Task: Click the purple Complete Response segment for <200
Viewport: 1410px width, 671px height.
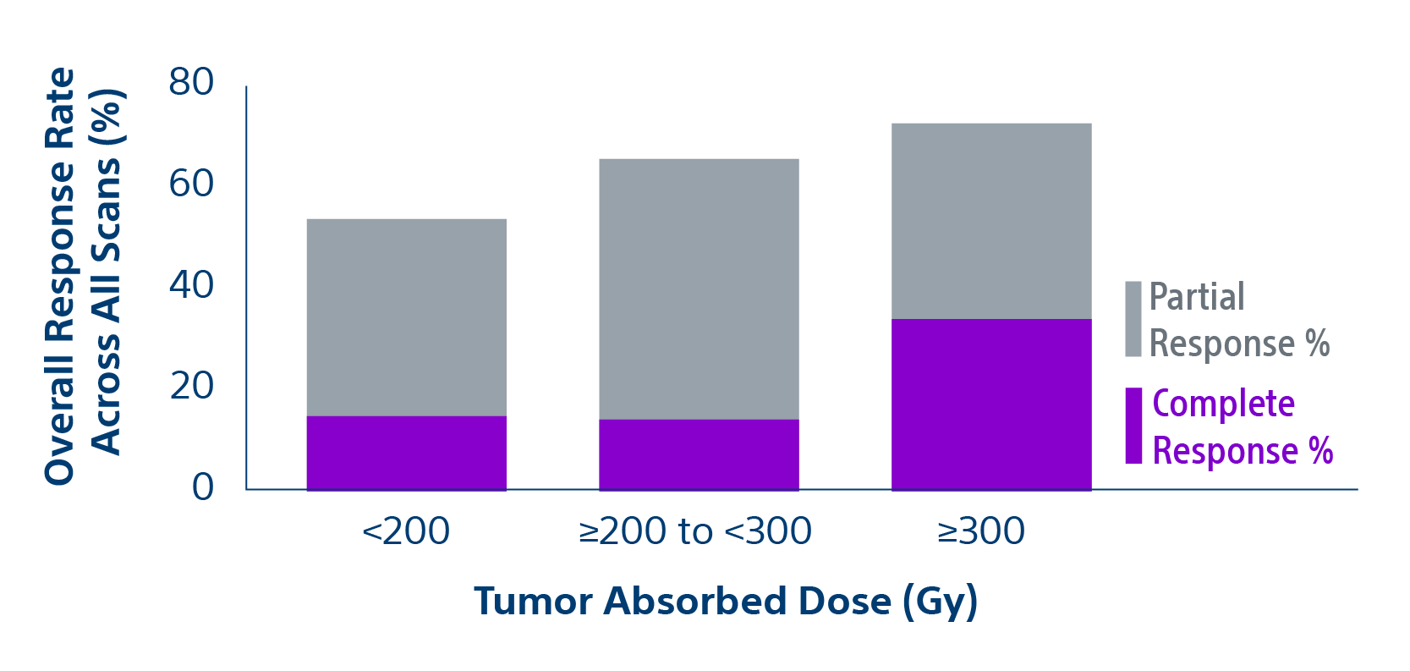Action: (x=406, y=453)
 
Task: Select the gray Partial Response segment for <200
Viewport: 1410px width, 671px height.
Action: (x=406, y=317)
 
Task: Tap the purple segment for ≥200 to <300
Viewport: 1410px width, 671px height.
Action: (x=699, y=454)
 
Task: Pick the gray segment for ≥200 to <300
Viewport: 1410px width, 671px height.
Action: (x=699, y=289)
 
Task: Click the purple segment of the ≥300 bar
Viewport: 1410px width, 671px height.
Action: (x=991, y=404)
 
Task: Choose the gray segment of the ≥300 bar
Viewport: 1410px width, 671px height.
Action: (x=991, y=221)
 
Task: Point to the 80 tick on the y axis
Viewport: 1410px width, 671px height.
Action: (x=191, y=83)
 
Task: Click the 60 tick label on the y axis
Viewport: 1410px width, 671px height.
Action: (x=191, y=184)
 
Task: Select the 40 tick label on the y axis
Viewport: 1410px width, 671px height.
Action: (x=191, y=285)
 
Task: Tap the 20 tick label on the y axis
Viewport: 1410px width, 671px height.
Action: (x=191, y=386)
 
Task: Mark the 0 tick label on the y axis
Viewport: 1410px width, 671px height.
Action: (x=203, y=487)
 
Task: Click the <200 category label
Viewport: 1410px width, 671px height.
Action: (x=406, y=531)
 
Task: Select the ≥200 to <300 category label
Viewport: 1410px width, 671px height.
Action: (x=695, y=531)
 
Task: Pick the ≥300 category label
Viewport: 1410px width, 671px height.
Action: (x=981, y=531)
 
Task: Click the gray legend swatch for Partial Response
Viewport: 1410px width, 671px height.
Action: (x=1133, y=319)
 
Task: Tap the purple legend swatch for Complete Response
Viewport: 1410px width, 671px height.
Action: (x=1133, y=426)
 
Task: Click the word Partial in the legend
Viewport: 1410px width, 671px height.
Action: (x=1197, y=297)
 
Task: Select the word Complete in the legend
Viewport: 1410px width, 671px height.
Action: (x=1223, y=404)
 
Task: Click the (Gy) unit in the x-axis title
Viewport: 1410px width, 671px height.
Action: (x=940, y=602)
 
